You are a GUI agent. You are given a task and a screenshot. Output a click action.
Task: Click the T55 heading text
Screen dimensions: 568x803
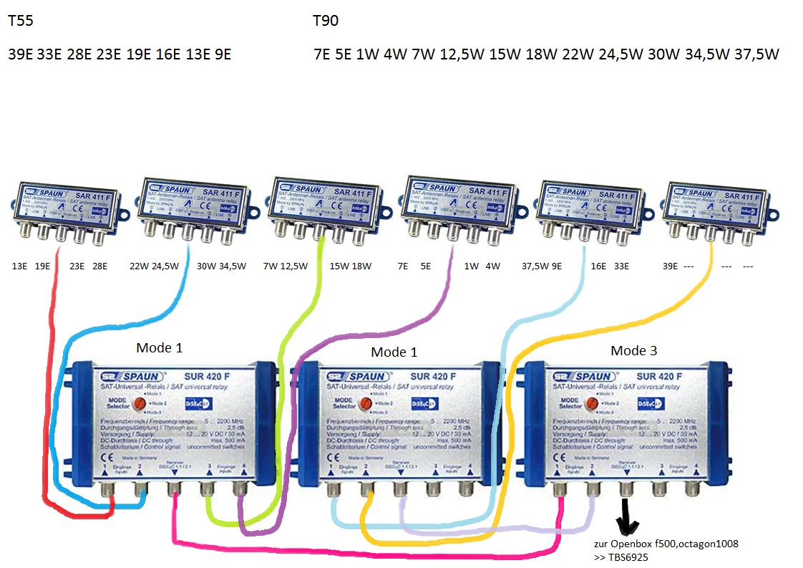pyautogui.click(x=20, y=21)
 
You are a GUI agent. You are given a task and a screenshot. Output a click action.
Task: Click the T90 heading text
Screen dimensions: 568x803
pyautogui.click(x=326, y=21)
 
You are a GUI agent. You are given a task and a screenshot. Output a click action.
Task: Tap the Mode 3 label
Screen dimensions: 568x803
pyautogui.click(x=633, y=351)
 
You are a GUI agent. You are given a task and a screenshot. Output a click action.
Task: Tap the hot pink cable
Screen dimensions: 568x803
pyautogui.click(x=358, y=552)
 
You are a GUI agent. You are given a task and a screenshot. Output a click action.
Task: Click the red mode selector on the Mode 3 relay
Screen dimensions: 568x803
pyautogui.click(x=591, y=403)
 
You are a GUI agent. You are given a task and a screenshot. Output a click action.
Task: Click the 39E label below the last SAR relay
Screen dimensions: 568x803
pyautogui.click(x=670, y=266)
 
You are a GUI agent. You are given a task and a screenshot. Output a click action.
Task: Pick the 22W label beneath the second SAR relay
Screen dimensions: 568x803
pyautogui.click(x=139, y=266)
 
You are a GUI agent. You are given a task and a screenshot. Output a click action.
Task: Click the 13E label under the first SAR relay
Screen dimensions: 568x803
pyautogui.click(x=19, y=266)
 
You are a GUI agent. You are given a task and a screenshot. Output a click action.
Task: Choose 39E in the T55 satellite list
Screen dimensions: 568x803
pyautogui.click(x=20, y=54)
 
